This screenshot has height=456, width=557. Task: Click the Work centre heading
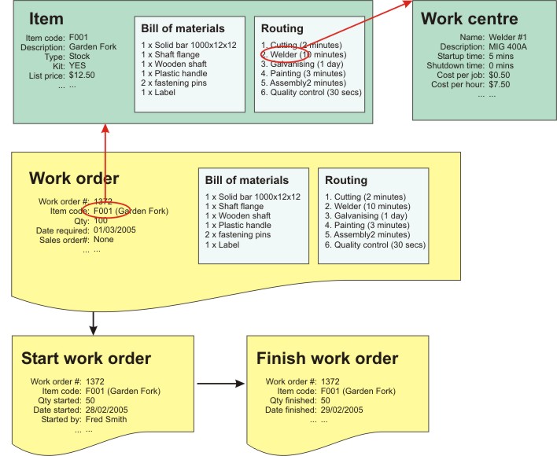click(470, 19)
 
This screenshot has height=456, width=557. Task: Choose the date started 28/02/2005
click(107, 410)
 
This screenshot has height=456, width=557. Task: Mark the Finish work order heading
click(327, 359)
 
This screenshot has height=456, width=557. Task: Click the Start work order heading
click(86, 359)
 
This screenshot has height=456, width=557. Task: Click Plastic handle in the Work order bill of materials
click(238, 226)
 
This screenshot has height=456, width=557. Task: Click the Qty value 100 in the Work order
click(101, 220)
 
